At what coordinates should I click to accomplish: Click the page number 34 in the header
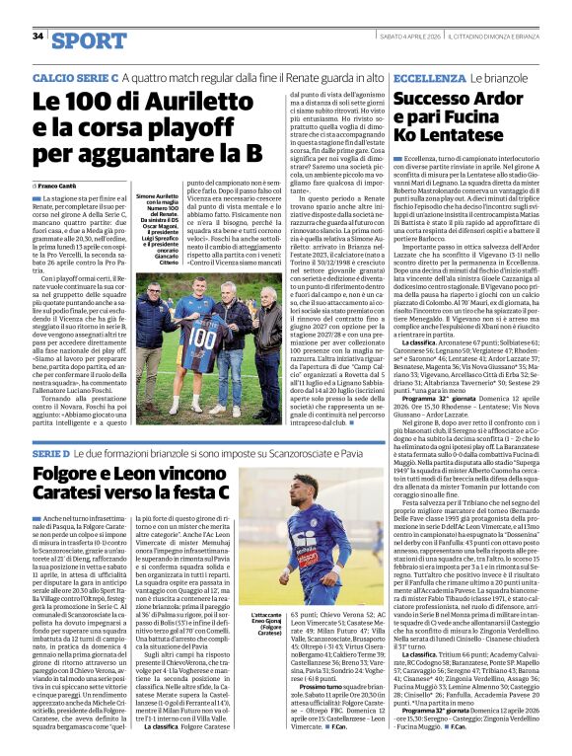38,36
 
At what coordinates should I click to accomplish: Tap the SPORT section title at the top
90,40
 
